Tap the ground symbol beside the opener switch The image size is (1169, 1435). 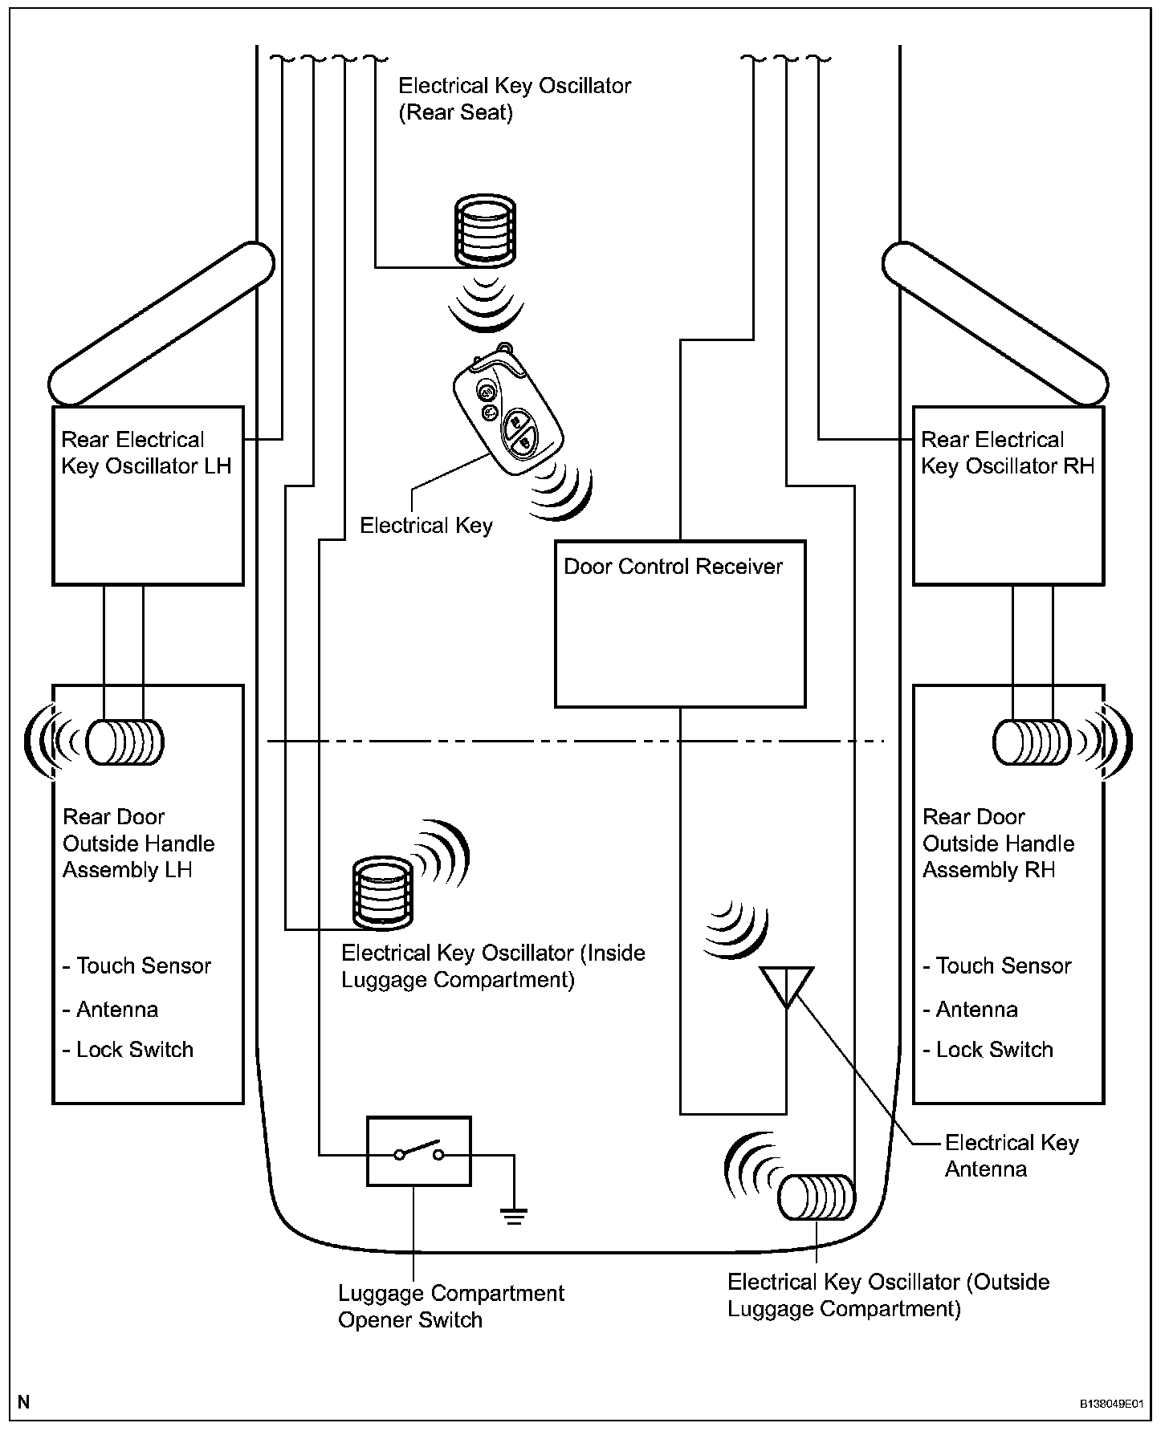pos(515,1215)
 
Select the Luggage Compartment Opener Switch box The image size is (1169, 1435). pos(418,1151)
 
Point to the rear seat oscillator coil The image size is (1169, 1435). pos(485,229)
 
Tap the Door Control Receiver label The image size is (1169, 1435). pos(673,567)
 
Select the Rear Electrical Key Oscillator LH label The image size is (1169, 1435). pos(146,453)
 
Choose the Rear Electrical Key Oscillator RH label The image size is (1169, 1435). pos(1008,453)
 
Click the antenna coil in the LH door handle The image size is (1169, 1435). pos(124,742)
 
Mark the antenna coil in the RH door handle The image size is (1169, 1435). pos(1033,742)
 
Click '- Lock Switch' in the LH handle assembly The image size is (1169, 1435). pos(128,1050)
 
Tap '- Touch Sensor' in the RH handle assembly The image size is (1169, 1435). pos(996,965)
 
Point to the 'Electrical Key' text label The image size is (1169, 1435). pos(426,526)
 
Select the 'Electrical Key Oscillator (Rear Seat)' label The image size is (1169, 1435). pos(515,99)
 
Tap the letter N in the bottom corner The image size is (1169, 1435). pos(24,1402)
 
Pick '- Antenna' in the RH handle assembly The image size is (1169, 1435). pos(970,1010)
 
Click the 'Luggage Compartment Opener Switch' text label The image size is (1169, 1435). pos(451,1307)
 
